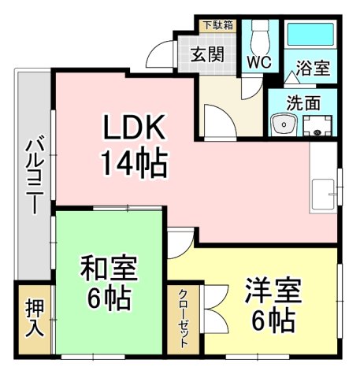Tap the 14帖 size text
pyautogui.click(x=132, y=163)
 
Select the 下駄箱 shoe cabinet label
pyautogui.click(x=217, y=25)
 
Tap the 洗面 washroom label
pyautogui.click(x=302, y=102)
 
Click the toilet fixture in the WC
pyautogui.click(x=258, y=35)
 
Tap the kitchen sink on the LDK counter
pyautogui.click(x=324, y=192)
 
